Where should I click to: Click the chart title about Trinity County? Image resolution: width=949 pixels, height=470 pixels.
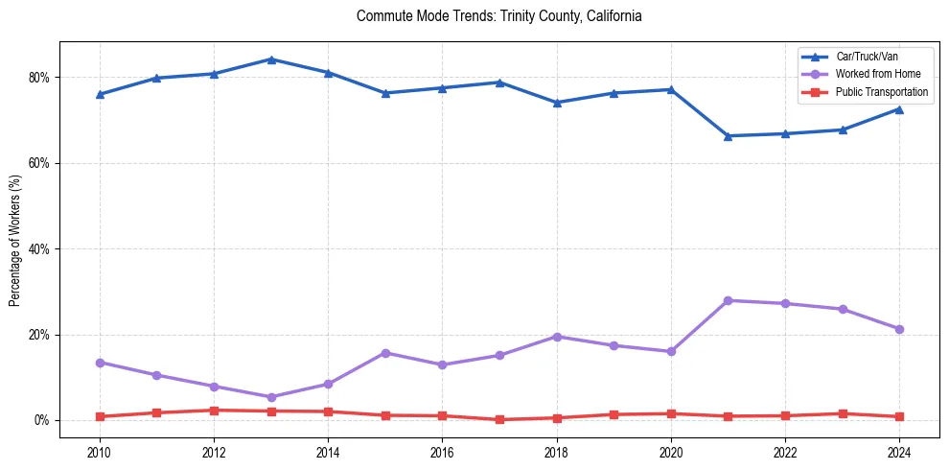click(498, 16)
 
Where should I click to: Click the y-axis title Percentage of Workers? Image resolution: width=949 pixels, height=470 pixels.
click(15, 240)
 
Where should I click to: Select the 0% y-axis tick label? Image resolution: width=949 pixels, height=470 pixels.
click(43, 421)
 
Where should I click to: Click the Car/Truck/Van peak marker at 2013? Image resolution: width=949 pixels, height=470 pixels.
click(271, 59)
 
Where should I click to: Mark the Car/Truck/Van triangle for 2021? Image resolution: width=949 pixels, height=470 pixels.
click(729, 136)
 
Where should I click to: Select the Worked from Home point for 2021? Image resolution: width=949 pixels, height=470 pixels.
click(729, 300)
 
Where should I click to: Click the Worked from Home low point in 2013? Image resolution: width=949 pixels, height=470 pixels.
click(271, 397)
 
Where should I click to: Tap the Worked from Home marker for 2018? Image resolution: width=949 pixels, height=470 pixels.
click(557, 337)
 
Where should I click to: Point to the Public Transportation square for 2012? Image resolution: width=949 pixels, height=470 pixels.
click(214, 411)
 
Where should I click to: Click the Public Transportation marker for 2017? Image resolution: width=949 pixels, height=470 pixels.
click(499, 419)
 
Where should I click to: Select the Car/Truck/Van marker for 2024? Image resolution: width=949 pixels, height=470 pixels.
click(899, 109)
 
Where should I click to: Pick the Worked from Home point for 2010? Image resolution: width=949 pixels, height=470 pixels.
click(100, 363)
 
